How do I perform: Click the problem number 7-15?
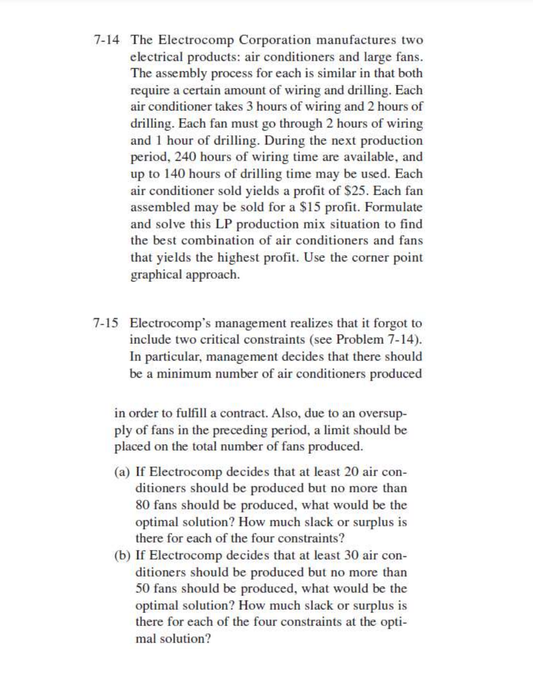[x=108, y=323]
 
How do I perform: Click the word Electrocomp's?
[x=167, y=323]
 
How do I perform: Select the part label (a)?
[x=122, y=471]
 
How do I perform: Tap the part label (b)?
[x=122, y=555]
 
